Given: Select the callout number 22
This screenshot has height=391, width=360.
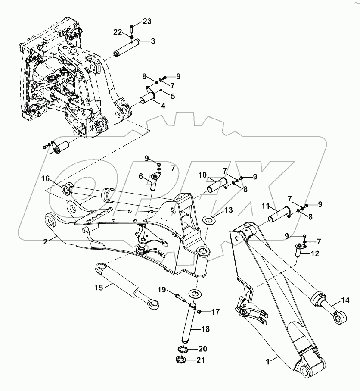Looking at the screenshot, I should (118, 32).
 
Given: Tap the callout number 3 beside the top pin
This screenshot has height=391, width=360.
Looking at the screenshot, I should (152, 41).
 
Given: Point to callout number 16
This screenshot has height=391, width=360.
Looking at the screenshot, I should (46, 178).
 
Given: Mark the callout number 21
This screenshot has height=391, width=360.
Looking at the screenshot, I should (202, 360).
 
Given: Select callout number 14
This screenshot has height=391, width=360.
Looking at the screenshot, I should (345, 300).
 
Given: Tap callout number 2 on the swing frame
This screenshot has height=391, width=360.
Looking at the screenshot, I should (45, 241).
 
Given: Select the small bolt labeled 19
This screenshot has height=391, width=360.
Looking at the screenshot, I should (180, 297).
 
